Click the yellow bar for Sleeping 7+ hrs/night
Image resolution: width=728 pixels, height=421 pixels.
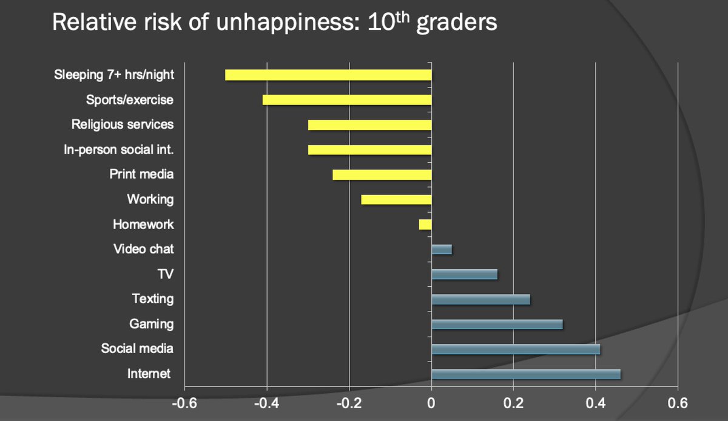tap(328, 75)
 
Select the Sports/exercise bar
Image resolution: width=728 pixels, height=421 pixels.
tap(346, 100)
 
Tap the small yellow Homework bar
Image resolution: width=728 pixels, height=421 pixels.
tap(425, 224)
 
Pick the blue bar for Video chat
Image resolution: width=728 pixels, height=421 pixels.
tap(442, 249)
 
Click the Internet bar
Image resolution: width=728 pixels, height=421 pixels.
tap(525, 374)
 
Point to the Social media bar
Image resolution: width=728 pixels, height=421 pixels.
tap(515, 349)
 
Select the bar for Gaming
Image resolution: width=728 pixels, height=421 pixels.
tap(497, 324)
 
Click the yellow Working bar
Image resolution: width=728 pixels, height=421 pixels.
tap(396, 199)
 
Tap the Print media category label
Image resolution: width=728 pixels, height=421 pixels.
tap(141, 174)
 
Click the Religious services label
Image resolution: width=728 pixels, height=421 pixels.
tap(123, 125)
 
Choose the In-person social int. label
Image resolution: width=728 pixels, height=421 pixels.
tap(118, 149)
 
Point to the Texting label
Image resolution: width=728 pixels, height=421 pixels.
tap(153, 299)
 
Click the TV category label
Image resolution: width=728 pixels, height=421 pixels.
tap(165, 274)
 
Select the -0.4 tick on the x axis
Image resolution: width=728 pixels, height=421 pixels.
tap(266, 403)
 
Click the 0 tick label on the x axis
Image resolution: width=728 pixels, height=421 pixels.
tap(431, 403)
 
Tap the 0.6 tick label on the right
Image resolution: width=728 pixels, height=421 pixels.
tap(677, 403)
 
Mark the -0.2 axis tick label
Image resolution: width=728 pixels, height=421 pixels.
tap(349, 403)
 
